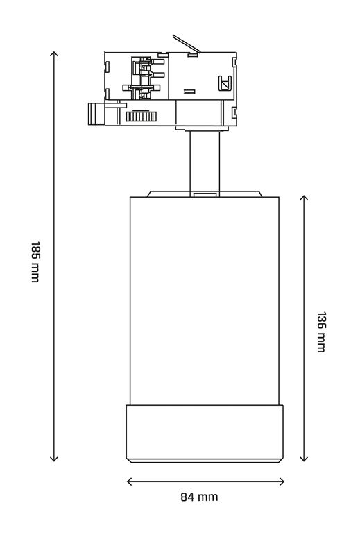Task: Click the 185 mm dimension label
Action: pos(35,262)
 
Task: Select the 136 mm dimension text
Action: pos(320,332)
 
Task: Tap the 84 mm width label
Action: pos(200,497)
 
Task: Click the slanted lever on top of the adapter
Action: pos(187,44)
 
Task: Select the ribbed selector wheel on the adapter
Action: pos(142,116)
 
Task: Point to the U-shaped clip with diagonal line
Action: pos(225,83)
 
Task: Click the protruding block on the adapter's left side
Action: pos(96,114)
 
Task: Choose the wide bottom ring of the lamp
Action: pos(205,434)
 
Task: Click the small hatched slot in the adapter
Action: pos(189,92)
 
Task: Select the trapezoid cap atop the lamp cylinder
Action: pos(205,194)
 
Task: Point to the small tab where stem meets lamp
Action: pos(205,194)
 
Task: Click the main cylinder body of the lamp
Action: pos(205,301)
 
